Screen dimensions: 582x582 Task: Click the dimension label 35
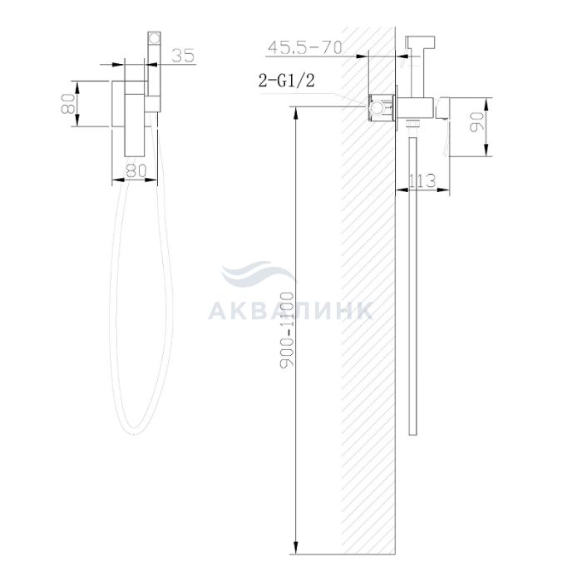pyautogui.click(x=183, y=55)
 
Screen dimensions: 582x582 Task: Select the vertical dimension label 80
pyautogui.click(x=69, y=104)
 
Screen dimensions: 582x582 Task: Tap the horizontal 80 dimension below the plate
pyautogui.click(x=136, y=170)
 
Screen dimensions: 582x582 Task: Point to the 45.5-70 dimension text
pyautogui.click(x=305, y=47)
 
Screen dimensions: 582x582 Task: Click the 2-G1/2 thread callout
pyautogui.click(x=287, y=80)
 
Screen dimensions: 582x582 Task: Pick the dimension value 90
pyautogui.click(x=476, y=121)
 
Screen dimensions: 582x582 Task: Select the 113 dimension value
pyautogui.click(x=422, y=181)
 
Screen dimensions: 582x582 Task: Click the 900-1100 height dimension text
pyautogui.click(x=287, y=330)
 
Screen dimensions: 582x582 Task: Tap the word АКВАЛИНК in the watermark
pyautogui.click(x=290, y=310)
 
